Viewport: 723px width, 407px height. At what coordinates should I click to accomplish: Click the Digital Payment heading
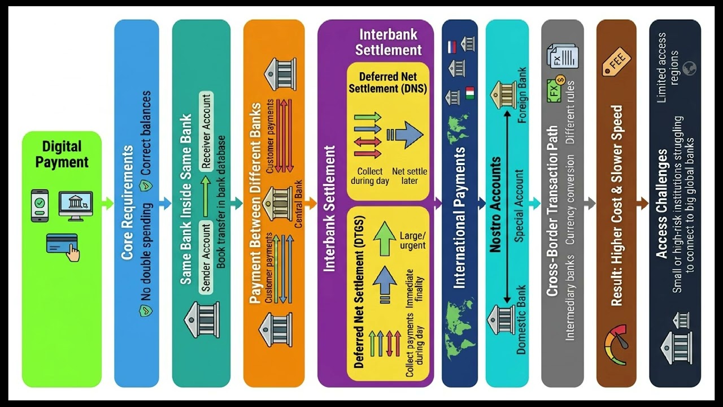tap(62, 154)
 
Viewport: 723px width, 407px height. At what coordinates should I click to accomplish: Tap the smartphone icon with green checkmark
tap(40, 206)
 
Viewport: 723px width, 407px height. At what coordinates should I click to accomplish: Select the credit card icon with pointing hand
tap(63, 247)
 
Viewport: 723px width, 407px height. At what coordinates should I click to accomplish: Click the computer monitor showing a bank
tap(76, 206)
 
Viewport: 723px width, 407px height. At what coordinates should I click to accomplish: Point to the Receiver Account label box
tap(206, 131)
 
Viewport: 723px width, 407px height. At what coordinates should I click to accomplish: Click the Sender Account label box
tap(206, 257)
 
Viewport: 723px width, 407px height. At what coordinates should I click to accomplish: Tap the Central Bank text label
tap(298, 204)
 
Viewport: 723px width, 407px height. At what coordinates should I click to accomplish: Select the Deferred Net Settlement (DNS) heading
tap(388, 83)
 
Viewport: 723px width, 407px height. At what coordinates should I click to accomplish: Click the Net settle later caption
tap(410, 176)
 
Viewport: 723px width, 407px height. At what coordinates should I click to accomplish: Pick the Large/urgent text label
tap(413, 240)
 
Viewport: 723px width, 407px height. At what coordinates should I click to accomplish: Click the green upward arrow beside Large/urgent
tap(385, 239)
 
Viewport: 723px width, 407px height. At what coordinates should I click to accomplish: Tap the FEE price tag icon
tap(616, 62)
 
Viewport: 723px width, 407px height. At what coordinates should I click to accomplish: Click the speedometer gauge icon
tap(616, 345)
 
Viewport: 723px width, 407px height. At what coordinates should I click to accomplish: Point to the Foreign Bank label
tap(521, 95)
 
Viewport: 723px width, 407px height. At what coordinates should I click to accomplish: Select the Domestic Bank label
tap(521, 320)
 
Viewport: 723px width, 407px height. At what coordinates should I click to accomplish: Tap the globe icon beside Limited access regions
tap(690, 68)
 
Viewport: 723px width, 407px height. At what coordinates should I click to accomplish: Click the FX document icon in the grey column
tap(562, 56)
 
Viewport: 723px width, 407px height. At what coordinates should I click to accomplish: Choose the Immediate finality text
tap(414, 285)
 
